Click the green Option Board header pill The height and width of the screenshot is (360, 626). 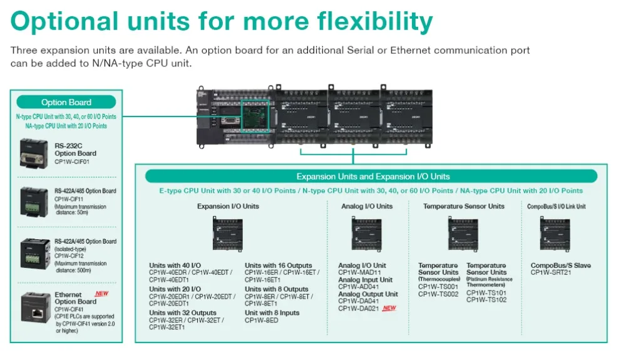66,102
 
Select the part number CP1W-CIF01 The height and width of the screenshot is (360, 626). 75,161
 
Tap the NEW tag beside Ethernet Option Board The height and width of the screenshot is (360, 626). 101,293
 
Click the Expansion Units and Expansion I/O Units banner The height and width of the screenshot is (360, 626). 372,177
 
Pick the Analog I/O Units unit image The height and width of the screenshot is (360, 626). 367,234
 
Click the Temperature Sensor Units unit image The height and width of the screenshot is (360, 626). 463,234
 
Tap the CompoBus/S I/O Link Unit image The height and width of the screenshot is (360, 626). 555,234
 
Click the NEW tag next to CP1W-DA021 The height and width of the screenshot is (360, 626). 389,308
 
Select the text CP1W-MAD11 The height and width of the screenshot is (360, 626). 359,272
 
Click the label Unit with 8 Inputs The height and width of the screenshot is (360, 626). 272,312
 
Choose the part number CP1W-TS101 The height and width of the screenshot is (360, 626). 486,292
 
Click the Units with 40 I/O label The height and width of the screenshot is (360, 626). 175,265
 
